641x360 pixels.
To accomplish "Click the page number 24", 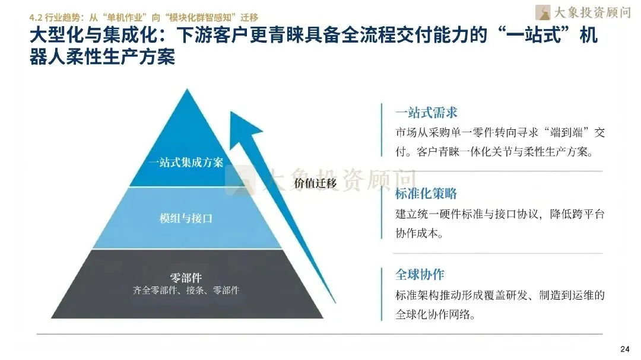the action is (624, 348).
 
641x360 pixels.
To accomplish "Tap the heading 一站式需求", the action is (426, 112).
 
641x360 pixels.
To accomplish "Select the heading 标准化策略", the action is (426, 194).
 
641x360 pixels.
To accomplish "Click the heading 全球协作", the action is (420, 275).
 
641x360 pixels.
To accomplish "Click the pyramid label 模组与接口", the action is (186, 218).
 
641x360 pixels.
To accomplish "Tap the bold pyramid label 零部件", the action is (186, 278).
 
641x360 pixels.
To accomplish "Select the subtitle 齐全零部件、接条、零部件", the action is (186, 291).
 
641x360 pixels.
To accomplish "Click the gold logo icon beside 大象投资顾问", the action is (542, 12).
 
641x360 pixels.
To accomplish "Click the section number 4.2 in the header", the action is (36, 17).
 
